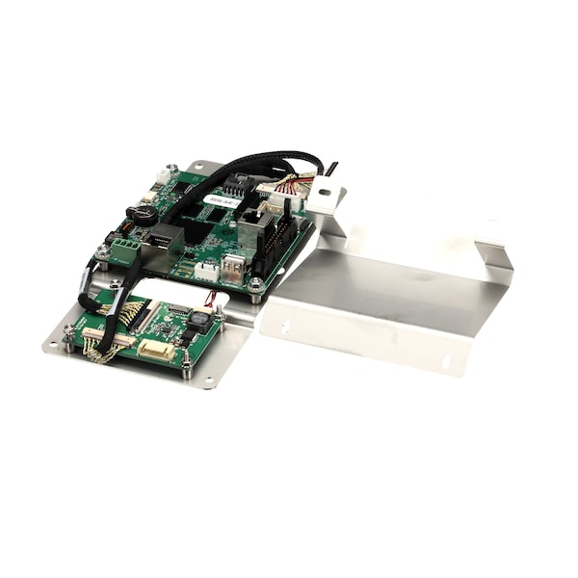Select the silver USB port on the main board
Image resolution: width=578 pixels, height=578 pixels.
[234, 271]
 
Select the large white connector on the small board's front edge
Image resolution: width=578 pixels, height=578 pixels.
[155, 350]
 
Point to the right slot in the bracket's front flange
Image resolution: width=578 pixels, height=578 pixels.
[444, 363]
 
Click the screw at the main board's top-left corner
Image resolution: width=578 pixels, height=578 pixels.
[171, 171]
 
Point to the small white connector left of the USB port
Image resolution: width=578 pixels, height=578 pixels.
[206, 272]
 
